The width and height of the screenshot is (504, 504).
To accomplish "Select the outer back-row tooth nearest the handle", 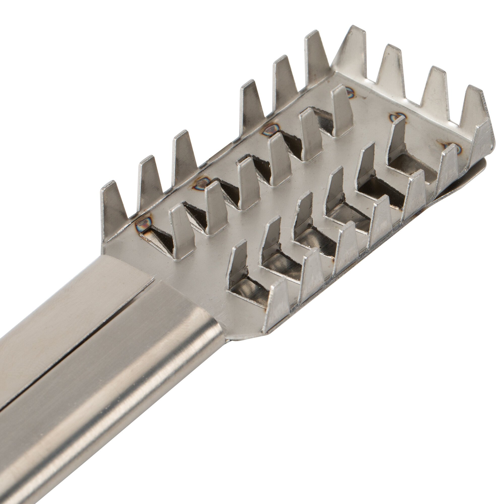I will click(111, 209).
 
